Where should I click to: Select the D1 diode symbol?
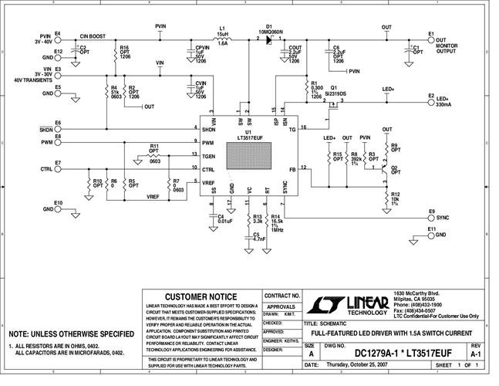point(269,39)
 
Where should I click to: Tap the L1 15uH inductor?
point(222,39)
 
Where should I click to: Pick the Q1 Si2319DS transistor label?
point(340,90)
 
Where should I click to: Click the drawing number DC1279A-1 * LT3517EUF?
point(397,354)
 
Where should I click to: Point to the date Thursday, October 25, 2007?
point(359,364)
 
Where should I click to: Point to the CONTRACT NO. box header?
point(281,296)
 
